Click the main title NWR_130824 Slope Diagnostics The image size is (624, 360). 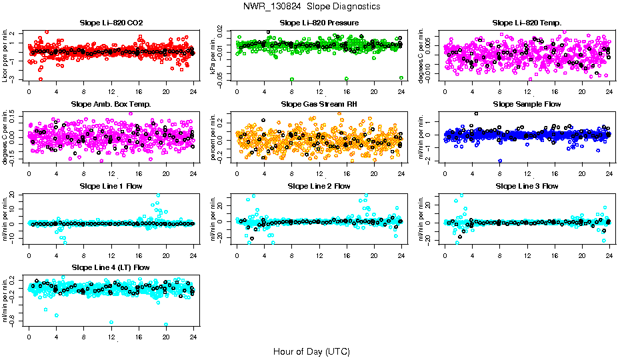[x=312, y=6]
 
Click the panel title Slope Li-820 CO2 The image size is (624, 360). [x=111, y=23]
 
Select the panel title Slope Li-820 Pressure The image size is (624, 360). [x=319, y=23]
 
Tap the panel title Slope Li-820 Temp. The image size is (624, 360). [x=527, y=23]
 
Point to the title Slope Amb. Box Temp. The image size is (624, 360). [x=111, y=104]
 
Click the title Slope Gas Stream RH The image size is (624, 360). [x=319, y=104]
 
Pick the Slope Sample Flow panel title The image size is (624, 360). [x=527, y=104]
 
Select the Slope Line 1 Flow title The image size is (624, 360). [x=111, y=186]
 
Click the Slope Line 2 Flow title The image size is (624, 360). [x=319, y=186]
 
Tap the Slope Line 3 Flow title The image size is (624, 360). [x=527, y=186]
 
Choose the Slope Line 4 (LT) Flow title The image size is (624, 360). [x=111, y=267]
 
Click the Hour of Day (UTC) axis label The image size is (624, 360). [x=311, y=351]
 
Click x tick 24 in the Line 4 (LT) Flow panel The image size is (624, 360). [x=194, y=337]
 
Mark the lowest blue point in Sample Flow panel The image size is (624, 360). [x=500, y=161]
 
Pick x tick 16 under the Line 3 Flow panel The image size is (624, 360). [x=555, y=255]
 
